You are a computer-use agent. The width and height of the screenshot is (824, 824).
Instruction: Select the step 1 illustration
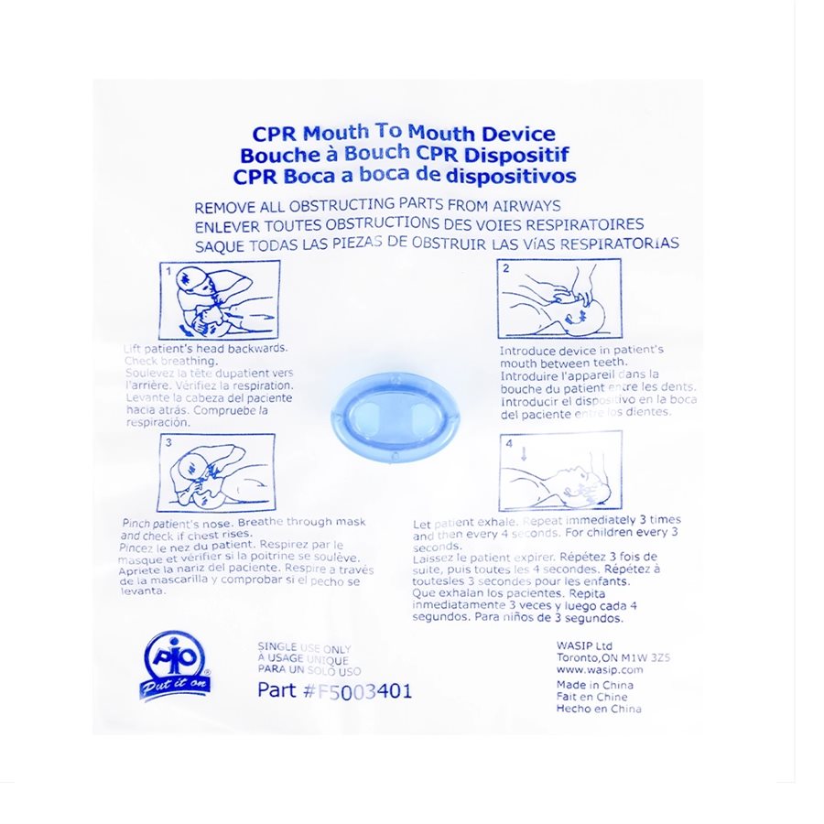[220, 300]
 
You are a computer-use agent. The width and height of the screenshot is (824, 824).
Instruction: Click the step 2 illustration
[558, 298]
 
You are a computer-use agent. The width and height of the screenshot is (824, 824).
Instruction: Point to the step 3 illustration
[216, 472]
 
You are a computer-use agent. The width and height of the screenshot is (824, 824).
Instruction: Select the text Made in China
[594, 685]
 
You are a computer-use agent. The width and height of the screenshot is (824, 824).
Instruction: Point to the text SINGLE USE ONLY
[304, 648]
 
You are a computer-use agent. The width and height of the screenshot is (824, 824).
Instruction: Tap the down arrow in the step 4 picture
[525, 452]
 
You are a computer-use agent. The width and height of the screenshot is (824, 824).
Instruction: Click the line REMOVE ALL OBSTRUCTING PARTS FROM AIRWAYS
[377, 206]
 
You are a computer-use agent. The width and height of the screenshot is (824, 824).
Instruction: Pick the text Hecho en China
[599, 709]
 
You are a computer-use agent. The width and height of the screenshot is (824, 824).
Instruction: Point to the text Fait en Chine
[591, 697]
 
